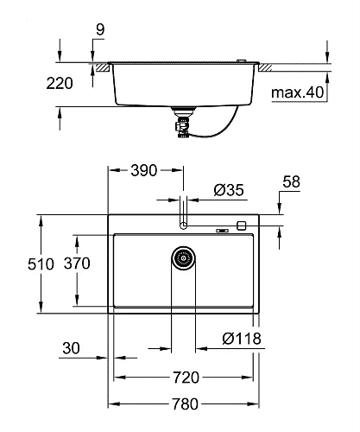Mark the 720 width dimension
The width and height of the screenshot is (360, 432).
point(186,377)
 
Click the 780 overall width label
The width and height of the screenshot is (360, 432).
point(186,404)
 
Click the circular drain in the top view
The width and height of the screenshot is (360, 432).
point(183,257)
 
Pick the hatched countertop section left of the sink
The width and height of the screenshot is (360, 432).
point(102,65)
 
